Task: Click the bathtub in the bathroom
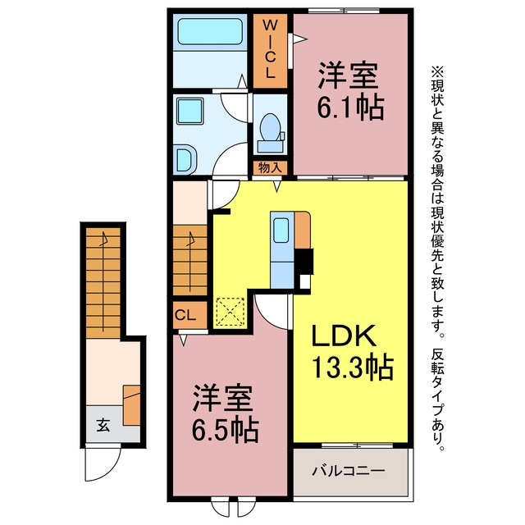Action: (x=210, y=31)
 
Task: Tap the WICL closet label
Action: (x=270, y=49)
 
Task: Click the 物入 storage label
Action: (x=270, y=167)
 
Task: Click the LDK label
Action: (x=344, y=336)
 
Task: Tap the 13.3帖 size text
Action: (x=352, y=367)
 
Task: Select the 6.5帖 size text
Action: (x=225, y=430)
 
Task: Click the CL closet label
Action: (x=185, y=315)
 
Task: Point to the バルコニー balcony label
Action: (x=349, y=471)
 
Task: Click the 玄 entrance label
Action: (x=103, y=425)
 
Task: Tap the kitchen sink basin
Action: (x=281, y=230)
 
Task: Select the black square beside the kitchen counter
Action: (x=304, y=262)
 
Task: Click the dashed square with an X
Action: (x=231, y=312)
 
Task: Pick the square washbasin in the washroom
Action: (x=190, y=112)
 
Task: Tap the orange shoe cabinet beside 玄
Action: (x=131, y=405)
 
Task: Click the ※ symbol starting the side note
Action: (x=437, y=71)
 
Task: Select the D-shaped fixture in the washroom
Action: (x=186, y=160)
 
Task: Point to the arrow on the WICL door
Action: (x=300, y=39)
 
